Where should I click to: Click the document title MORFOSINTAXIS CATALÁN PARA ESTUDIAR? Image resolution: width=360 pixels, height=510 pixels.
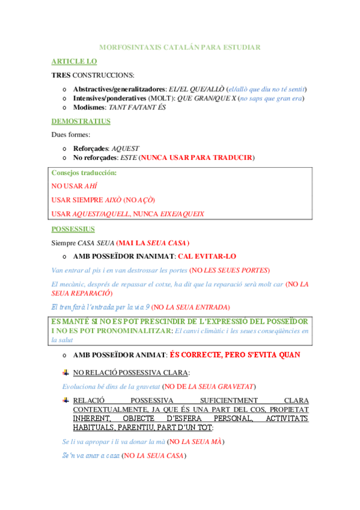coord(179,47)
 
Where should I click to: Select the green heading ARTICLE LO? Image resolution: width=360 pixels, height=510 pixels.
coord(74,61)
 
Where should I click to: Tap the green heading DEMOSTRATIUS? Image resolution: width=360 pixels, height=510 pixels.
coord(81,121)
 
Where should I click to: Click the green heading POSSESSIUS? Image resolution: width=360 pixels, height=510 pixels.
coord(73,229)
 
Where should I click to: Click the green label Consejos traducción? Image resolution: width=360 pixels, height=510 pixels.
coord(84,173)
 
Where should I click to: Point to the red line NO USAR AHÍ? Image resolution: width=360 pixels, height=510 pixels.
coord(74,186)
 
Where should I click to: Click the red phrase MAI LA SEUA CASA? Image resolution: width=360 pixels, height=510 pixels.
coord(153,243)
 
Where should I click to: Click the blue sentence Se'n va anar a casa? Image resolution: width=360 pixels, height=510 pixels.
coord(90,456)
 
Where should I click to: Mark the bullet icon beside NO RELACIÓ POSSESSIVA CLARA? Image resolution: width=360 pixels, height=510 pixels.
coord(66,372)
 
